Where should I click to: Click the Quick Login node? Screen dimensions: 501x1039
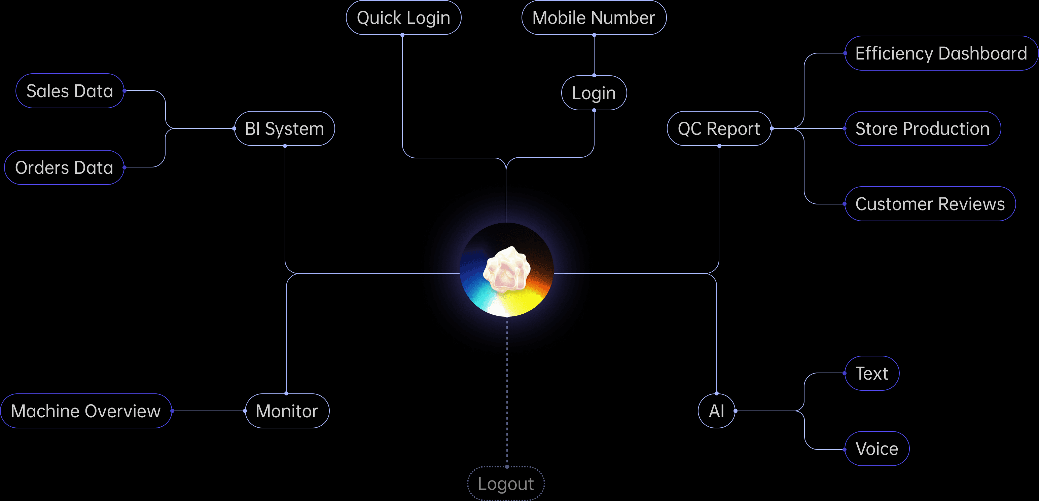[x=403, y=18]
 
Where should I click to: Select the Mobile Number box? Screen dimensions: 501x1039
[x=594, y=18]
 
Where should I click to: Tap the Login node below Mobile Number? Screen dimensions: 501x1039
[x=594, y=93]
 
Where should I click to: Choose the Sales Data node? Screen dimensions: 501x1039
[x=70, y=91]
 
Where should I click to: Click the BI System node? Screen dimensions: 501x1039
[x=284, y=128]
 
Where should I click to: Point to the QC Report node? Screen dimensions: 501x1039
[x=719, y=128]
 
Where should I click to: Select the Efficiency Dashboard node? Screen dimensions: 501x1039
[x=941, y=53]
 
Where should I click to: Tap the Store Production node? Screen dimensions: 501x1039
[x=923, y=128]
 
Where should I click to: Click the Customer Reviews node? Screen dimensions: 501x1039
[x=930, y=204]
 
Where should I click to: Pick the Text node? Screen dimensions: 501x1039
[x=872, y=374]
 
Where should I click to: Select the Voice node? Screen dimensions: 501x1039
[x=877, y=449]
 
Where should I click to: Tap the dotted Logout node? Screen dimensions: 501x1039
[x=506, y=484]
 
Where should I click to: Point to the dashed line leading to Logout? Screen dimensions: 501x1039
[x=507, y=391]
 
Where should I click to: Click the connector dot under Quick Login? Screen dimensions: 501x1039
[x=402, y=35]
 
